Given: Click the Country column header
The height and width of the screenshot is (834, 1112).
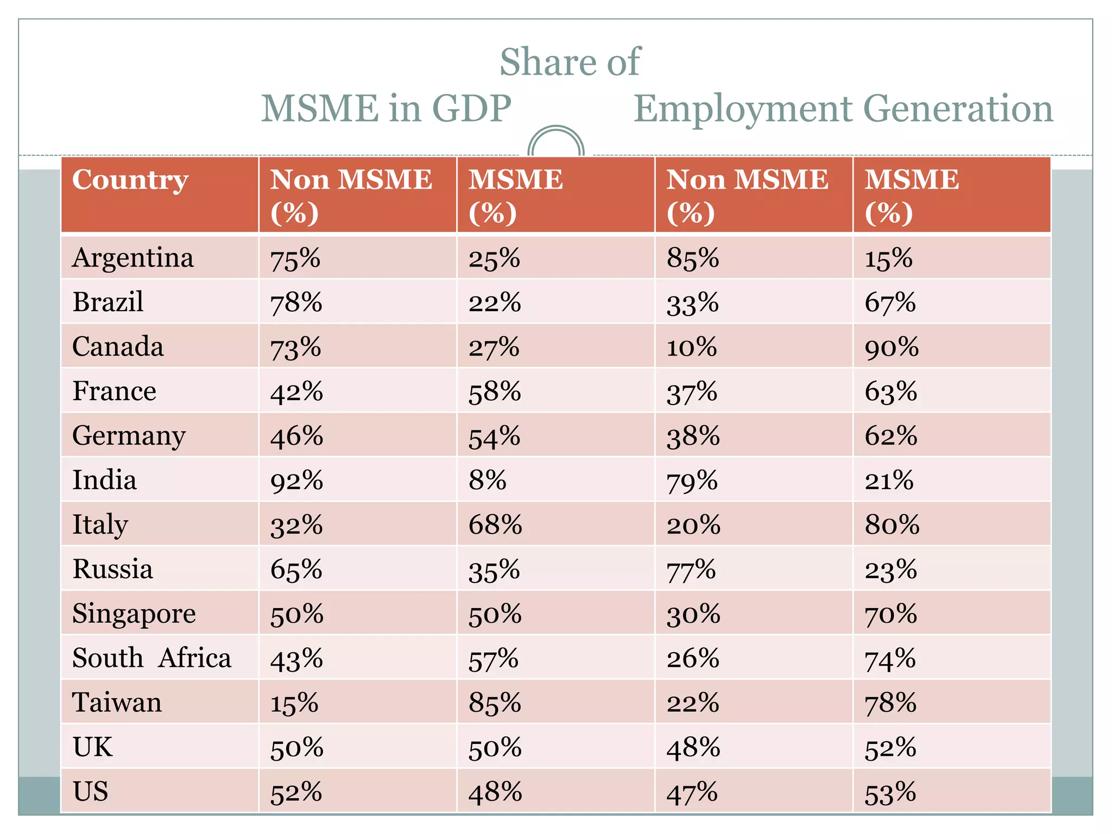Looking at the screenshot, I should pyautogui.click(x=130, y=180).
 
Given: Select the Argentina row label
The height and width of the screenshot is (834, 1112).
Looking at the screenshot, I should pyautogui.click(x=133, y=258).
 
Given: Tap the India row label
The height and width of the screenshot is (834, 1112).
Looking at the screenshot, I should pyautogui.click(x=104, y=481).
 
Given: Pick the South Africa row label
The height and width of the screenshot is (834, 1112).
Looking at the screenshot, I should pyautogui.click(x=152, y=659).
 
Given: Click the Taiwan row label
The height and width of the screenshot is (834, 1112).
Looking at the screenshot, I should pyautogui.click(x=117, y=703).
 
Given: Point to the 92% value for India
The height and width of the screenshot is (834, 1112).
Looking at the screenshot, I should pyautogui.click(x=296, y=481).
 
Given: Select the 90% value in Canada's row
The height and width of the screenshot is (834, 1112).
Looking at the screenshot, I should pyautogui.click(x=892, y=347).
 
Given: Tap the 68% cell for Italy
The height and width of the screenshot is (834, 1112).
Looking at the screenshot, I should pyautogui.click(x=495, y=526).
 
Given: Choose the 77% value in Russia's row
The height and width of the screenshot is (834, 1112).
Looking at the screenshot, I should pyautogui.click(x=692, y=570).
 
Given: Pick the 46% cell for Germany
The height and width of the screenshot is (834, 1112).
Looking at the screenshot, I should pyautogui.click(x=296, y=437).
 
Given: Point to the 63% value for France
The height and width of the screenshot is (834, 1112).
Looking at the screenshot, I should pyautogui.click(x=891, y=392).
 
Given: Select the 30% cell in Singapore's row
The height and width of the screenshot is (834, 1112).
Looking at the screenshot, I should pyautogui.click(x=693, y=615).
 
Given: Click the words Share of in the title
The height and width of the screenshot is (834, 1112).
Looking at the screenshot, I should pyautogui.click(x=570, y=62).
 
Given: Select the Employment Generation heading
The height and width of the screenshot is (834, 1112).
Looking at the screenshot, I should pyautogui.click(x=843, y=109).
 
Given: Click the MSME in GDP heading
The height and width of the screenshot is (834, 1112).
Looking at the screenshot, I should pyautogui.click(x=386, y=109).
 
